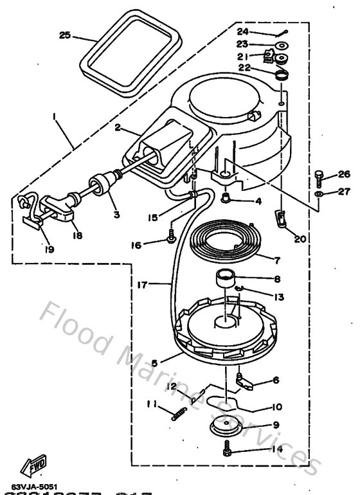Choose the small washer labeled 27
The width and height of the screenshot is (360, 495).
click(319, 193)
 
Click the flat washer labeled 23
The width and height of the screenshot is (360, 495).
click(280, 46)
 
